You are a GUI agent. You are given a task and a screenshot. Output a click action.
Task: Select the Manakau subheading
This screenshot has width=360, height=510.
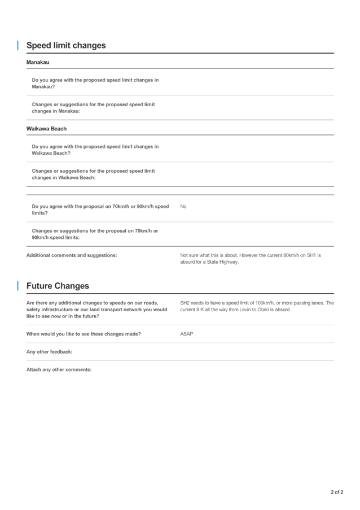click(x=38, y=62)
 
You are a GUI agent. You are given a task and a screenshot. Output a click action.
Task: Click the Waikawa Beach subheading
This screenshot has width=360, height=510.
click(x=46, y=129)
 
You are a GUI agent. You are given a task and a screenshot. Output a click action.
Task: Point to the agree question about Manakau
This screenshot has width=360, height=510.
click(x=95, y=83)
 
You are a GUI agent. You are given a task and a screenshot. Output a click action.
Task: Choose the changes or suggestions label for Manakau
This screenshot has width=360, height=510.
click(x=93, y=107)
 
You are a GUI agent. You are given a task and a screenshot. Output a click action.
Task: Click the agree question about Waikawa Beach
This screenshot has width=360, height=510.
click(x=95, y=150)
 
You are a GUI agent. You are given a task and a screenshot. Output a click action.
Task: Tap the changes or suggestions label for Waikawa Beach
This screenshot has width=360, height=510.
click(x=93, y=174)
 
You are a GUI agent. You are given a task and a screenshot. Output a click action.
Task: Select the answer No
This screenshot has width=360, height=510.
click(x=183, y=206)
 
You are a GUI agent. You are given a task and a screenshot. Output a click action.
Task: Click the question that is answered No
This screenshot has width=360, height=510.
click(x=100, y=210)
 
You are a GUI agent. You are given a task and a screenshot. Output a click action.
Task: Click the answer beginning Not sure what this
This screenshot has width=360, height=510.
click(x=250, y=259)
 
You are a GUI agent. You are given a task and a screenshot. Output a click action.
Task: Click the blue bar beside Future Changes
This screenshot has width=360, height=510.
click(x=18, y=286)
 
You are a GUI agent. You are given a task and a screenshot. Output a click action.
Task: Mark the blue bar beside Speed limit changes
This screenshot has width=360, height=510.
click(x=18, y=45)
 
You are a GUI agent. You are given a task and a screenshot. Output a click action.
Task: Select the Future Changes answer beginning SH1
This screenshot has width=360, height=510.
click(x=257, y=306)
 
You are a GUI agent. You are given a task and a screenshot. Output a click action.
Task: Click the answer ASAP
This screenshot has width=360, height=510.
click(x=186, y=334)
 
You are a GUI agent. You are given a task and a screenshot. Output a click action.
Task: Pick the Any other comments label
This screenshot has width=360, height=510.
click(x=49, y=352)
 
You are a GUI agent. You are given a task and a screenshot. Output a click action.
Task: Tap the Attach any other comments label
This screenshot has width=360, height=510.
click(x=59, y=369)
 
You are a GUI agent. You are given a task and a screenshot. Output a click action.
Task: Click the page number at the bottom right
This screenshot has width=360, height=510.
click(x=337, y=492)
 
